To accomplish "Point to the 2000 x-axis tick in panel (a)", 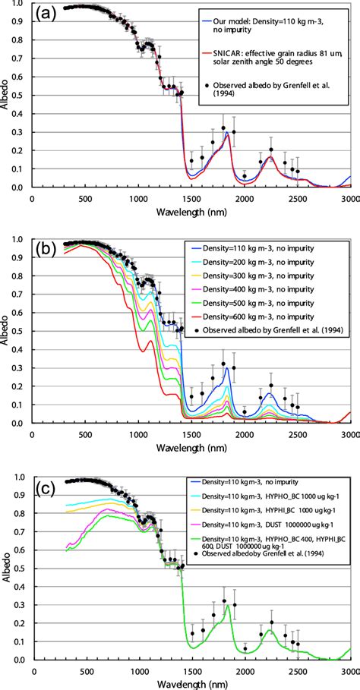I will (245, 200).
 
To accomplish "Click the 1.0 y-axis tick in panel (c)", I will (19, 477).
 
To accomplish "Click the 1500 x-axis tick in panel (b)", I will (191, 436).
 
